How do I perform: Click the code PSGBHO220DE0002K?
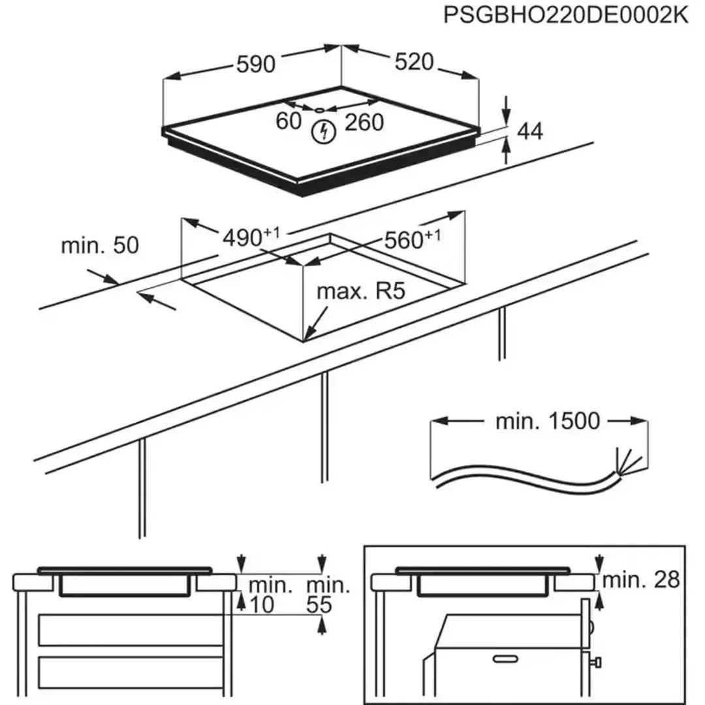565,15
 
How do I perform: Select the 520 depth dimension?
415,62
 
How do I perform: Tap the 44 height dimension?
530,132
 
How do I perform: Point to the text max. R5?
361,291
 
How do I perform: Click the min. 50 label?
100,245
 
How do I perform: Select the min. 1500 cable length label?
547,422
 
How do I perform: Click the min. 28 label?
640,578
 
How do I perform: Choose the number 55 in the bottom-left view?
319,606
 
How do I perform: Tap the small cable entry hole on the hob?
321,110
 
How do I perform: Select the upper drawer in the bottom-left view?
131,630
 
